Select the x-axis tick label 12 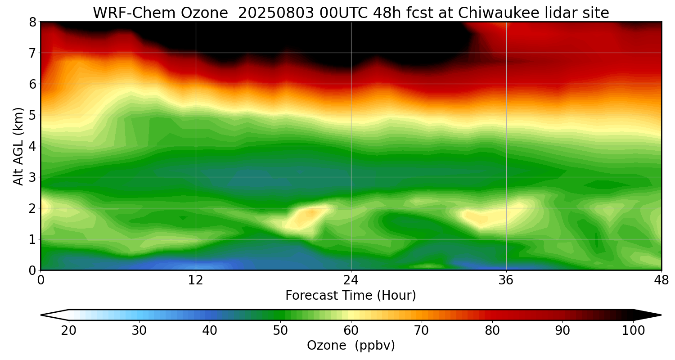pyautogui.click(x=196, y=280)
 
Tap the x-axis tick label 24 pyautogui.click(x=351, y=280)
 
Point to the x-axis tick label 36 pyautogui.click(x=506, y=280)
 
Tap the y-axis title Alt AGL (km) pyautogui.click(x=18, y=146)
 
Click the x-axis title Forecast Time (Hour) pyautogui.click(x=351, y=296)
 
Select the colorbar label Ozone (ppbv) pyautogui.click(x=351, y=346)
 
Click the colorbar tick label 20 pyautogui.click(x=69, y=331)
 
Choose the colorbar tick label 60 pyautogui.click(x=351, y=331)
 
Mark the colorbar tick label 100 pyautogui.click(x=633, y=331)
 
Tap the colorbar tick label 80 pyautogui.click(x=492, y=331)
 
